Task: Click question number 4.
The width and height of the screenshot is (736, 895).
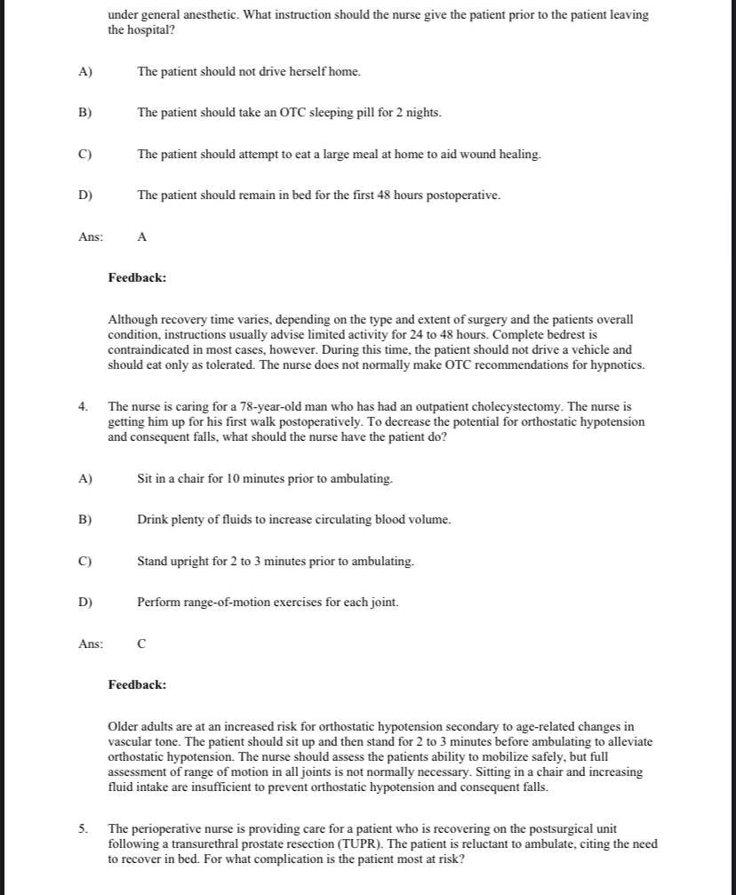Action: (83, 406)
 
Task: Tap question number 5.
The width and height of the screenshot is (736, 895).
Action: (83, 828)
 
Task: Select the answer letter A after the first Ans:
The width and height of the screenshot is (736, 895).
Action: (142, 237)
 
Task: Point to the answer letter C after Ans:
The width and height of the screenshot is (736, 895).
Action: (142, 644)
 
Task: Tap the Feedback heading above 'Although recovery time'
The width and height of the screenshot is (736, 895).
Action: (137, 278)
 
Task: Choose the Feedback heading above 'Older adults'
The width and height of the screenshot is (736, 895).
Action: (137, 685)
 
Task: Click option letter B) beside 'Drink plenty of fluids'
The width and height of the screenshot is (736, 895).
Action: (85, 520)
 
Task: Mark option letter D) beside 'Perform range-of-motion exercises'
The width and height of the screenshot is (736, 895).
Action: (85, 603)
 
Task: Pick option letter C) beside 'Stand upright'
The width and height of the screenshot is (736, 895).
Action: (85, 562)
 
